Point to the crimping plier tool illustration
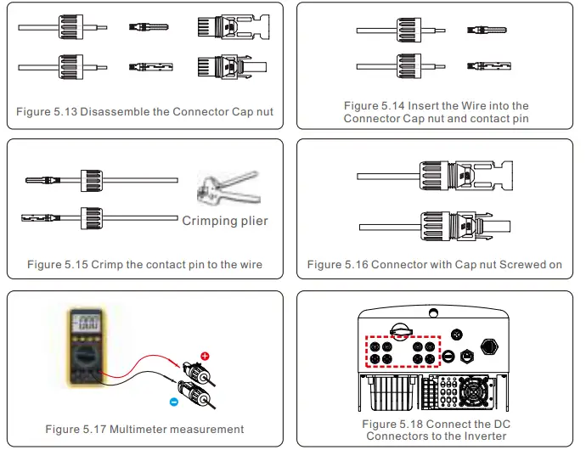pos(224,188)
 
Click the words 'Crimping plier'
pos(225,221)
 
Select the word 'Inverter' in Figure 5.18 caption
pos(483,436)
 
